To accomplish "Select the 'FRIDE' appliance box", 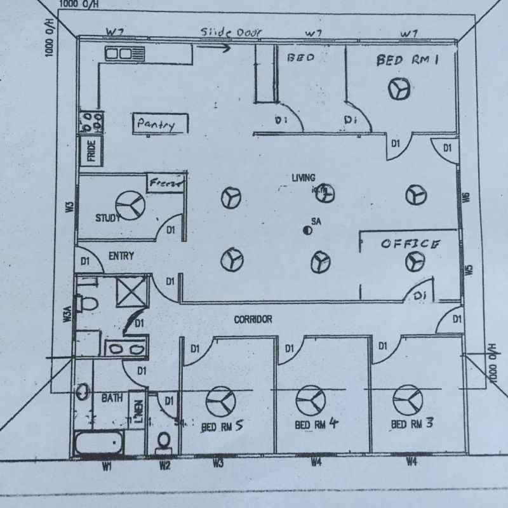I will point(91,151).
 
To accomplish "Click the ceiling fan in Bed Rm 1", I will point(399,90).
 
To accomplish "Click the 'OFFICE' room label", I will point(410,244).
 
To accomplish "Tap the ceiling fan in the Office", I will point(417,260).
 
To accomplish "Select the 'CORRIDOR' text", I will point(253,319).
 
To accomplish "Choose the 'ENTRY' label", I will point(121,256).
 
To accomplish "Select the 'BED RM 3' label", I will point(412,423).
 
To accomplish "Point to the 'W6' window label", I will point(467,197).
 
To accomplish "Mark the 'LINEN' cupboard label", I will point(138,411).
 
